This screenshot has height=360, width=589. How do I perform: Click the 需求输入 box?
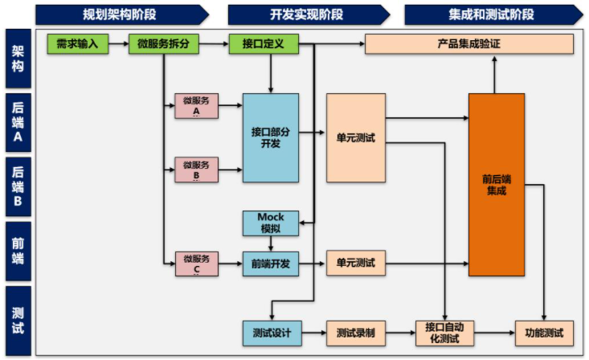[78, 44]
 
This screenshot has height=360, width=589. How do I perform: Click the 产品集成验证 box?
[469, 44]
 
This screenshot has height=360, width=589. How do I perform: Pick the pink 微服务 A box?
[196, 105]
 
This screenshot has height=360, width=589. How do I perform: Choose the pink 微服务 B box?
[196, 170]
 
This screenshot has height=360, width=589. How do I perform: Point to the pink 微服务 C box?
[196, 263]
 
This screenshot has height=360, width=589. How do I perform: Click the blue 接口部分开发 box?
[271, 137]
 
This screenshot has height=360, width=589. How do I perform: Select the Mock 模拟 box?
[270, 223]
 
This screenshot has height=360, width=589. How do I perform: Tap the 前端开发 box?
[270, 263]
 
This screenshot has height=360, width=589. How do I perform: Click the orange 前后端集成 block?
[496, 184]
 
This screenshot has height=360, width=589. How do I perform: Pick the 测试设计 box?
[270, 332]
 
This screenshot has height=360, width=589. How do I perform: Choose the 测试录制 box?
[355, 332]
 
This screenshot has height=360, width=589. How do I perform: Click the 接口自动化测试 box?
[444, 332]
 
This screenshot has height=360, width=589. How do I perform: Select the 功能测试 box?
[544, 332]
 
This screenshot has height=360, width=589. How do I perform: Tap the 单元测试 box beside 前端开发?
[355, 263]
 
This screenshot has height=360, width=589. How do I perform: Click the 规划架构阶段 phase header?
[121, 14]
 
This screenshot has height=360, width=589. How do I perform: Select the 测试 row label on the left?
[18, 320]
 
